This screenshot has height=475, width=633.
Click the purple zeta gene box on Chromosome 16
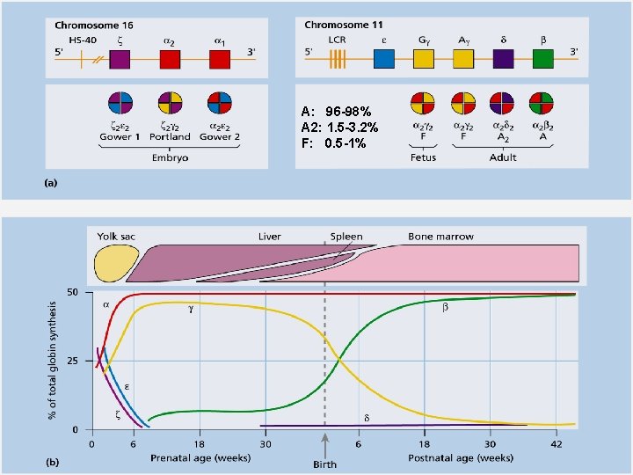pyautogui.click(x=120, y=59)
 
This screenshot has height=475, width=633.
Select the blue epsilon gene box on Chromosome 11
pyautogui.click(x=384, y=59)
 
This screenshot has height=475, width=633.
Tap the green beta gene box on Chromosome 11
pyautogui.click(x=542, y=59)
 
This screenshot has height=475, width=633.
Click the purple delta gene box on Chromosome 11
pyautogui.click(x=503, y=59)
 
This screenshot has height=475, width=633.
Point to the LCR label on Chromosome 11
pyautogui.click(x=337, y=40)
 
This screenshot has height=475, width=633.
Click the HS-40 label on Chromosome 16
pyautogui.click(x=83, y=40)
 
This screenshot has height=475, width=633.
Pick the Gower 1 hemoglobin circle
pyautogui.click(x=120, y=103)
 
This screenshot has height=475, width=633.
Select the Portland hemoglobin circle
pyautogui.click(x=170, y=103)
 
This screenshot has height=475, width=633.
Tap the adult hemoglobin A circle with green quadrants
pyautogui.click(x=542, y=103)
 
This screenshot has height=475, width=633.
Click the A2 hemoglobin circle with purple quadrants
pyautogui.click(x=503, y=103)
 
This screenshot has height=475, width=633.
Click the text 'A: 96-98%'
pyautogui.click(x=336, y=113)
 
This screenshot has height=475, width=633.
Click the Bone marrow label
pyautogui.click(x=440, y=237)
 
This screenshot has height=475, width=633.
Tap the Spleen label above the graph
pyautogui.click(x=346, y=237)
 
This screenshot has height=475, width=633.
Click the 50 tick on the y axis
pyautogui.click(x=74, y=293)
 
